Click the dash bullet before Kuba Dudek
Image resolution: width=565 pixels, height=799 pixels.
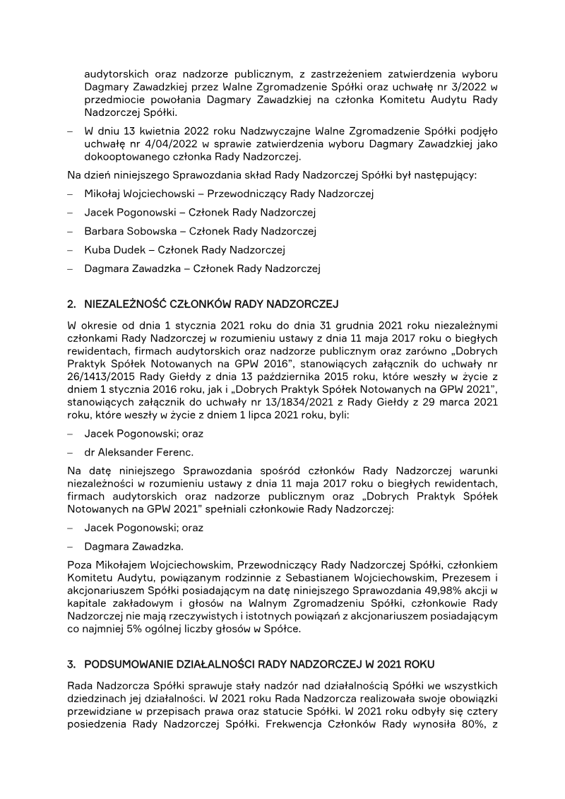tap(71, 249)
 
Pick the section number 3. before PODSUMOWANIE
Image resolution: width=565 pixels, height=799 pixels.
tap(72, 665)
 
